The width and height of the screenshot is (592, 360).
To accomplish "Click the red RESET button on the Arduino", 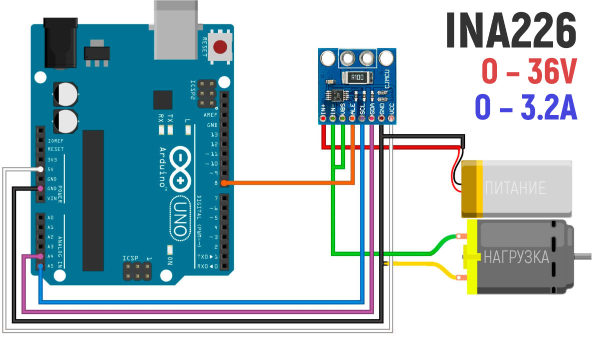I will coord(220,47).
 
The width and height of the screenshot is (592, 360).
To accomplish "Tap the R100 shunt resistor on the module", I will coord(357,77).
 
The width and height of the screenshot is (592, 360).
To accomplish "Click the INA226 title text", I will coord(510,31).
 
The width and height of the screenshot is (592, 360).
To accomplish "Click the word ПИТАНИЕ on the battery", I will coord(515,188).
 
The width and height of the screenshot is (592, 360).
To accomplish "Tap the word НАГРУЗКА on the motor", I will coord(517,257).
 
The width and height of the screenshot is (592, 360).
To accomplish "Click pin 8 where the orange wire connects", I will coord(224,183).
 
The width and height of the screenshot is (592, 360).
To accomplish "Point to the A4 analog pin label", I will coord(51,256).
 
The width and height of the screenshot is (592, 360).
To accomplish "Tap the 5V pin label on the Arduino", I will coord(52,169).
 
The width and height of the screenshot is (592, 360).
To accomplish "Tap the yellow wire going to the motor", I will coord(425,264).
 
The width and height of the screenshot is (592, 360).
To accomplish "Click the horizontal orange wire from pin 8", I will coord(280,183).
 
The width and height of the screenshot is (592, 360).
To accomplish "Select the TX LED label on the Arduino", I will coord(170,118).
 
